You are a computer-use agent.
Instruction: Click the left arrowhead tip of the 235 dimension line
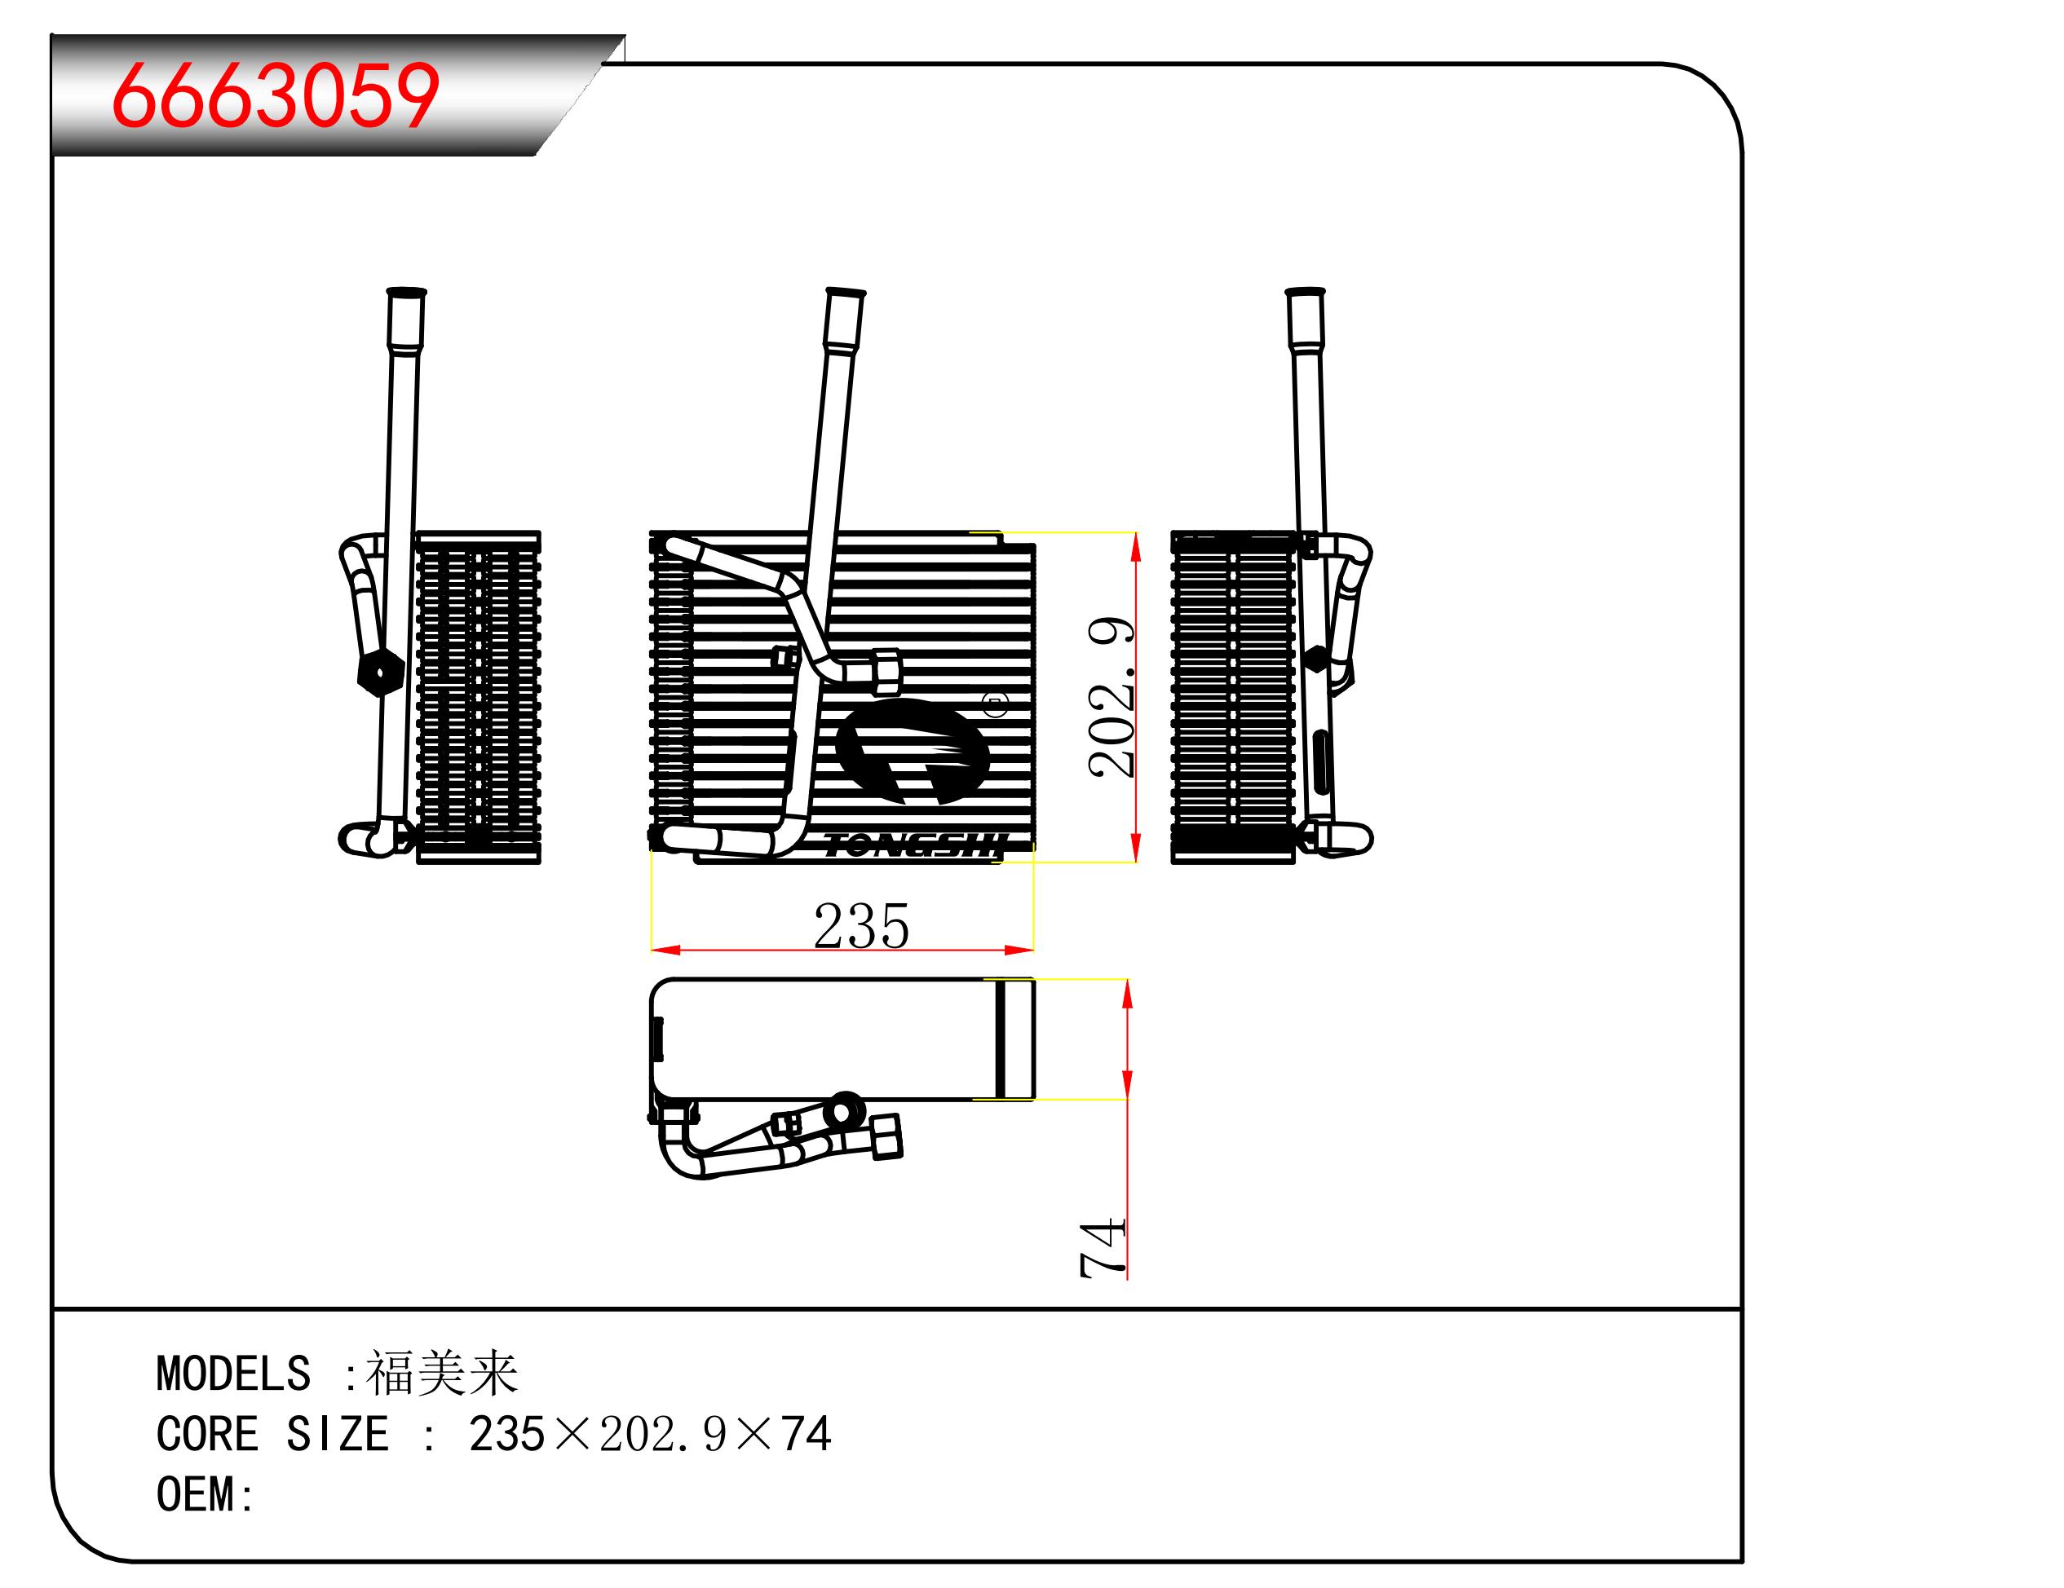coord(652,950)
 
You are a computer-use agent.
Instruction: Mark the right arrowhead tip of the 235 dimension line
coord(1034,950)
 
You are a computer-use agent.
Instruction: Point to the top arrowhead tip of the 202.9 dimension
coord(1135,534)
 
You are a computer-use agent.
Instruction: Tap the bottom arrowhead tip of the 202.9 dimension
coord(1135,862)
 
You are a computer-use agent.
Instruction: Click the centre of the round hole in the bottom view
coord(843,1111)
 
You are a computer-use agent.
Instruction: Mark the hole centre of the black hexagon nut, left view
coord(381,673)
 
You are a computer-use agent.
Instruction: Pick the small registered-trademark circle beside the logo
coord(997,704)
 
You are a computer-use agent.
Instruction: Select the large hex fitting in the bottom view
coord(886,1136)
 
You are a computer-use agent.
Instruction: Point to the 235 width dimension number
coord(861,926)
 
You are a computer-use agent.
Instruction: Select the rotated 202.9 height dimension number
coord(1111,698)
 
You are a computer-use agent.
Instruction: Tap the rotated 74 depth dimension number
coord(1103,1248)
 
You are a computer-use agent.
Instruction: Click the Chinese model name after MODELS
coord(441,1374)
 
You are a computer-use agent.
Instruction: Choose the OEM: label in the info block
coord(205,1494)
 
